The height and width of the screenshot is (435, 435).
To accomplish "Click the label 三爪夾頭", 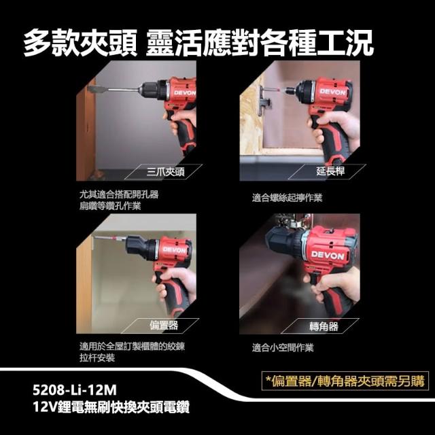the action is (x=165, y=172).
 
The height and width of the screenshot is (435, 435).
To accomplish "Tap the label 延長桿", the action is (x=330, y=171).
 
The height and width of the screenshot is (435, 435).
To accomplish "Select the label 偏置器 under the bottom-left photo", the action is (x=164, y=325).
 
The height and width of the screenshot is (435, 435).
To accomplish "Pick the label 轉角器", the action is (x=324, y=326).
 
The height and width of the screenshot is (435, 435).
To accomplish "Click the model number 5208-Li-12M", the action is (x=75, y=390).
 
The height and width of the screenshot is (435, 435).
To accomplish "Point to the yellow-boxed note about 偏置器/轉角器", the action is (x=345, y=381).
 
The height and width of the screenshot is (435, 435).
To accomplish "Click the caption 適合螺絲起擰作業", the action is (x=287, y=198).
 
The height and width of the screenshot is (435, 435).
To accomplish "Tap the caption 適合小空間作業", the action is (x=283, y=347).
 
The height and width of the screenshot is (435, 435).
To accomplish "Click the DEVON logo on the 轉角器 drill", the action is (x=328, y=256).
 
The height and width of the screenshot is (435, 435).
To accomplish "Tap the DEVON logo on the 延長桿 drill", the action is (x=333, y=92).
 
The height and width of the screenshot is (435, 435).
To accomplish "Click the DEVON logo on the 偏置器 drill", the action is (x=174, y=250).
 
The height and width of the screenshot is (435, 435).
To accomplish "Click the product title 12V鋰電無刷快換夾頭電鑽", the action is (x=111, y=408).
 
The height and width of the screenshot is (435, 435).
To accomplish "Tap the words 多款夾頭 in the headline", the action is (x=80, y=43).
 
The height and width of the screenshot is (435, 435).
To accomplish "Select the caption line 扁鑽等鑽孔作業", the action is (x=110, y=206).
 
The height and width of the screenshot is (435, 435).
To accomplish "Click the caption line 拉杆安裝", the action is (x=97, y=358).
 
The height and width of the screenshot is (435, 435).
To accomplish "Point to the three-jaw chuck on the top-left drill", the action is (x=152, y=90).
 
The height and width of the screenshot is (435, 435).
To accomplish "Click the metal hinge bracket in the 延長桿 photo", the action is (x=263, y=101).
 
